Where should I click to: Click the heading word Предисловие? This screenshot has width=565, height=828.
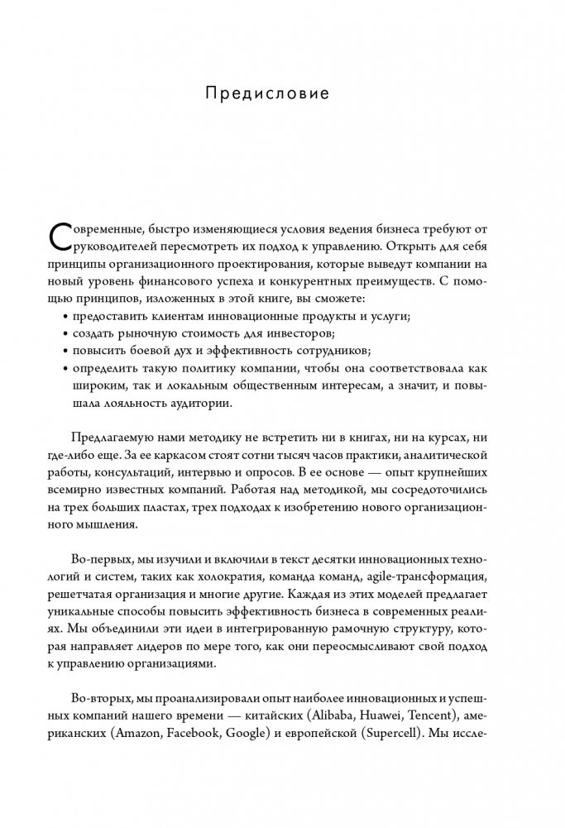pyautogui.click(x=266, y=93)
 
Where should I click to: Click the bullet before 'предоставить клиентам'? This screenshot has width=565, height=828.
pyautogui.click(x=65, y=318)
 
